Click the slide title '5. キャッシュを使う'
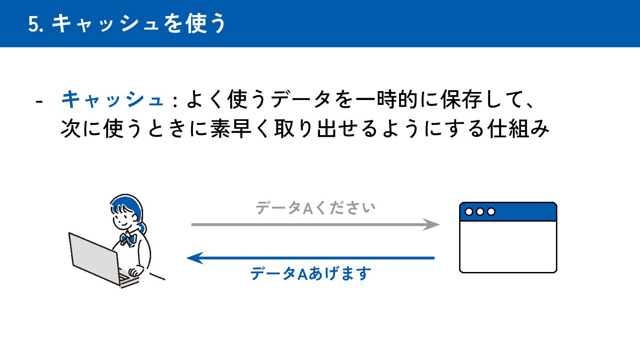pyautogui.click(x=127, y=24)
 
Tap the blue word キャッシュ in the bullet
pyautogui.click(x=112, y=100)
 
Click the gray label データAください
pyautogui.click(x=315, y=208)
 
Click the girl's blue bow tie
pyautogui.click(x=128, y=240)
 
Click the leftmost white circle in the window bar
pyautogui.click(x=469, y=212)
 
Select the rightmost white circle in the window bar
pyautogui.click(x=491, y=212)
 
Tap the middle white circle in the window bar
pyautogui.click(x=480, y=212)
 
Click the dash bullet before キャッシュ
pyautogui.click(x=39, y=102)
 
